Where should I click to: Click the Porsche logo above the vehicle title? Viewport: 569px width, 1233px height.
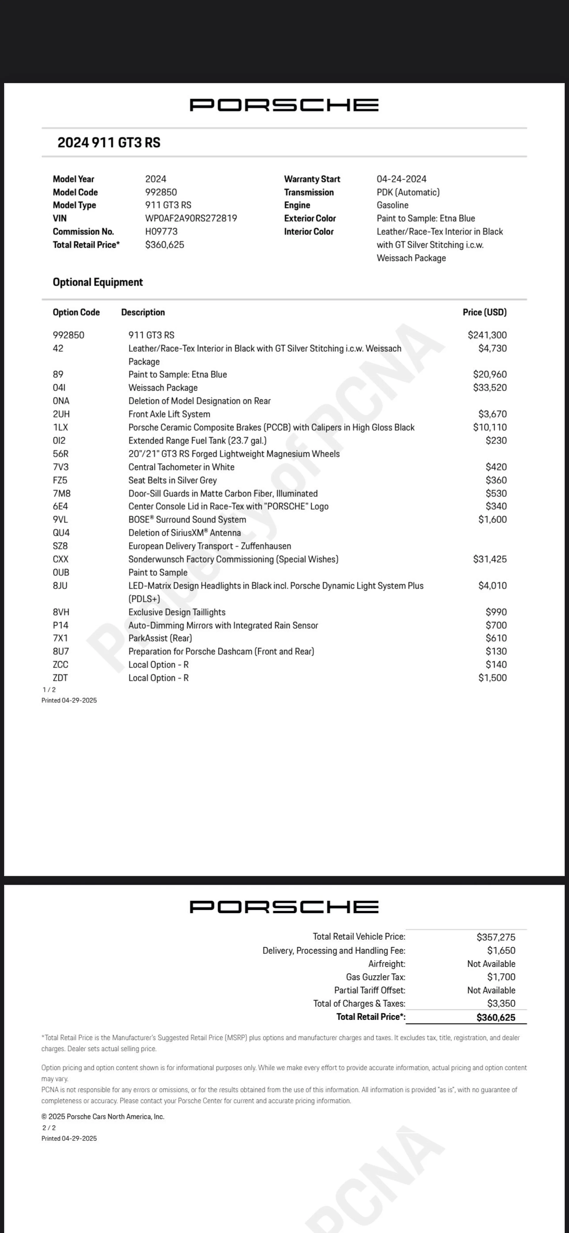[284, 105]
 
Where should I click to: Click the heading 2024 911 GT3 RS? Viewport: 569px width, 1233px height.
[109, 143]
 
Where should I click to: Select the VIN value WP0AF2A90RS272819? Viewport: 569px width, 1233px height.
[191, 218]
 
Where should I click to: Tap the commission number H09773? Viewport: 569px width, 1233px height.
[161, 232]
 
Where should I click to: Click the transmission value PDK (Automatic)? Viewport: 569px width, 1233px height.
[408, 192]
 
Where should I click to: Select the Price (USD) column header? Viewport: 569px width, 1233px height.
[484, 312]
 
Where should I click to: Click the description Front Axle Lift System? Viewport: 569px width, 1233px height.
[169, 414]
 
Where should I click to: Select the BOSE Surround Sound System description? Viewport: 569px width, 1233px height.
[187, 519]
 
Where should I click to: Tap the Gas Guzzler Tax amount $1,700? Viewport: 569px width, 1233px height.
[501, 977]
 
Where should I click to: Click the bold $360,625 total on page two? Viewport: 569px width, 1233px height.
[496, 1017]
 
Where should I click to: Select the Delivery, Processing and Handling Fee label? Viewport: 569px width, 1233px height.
[334, 951]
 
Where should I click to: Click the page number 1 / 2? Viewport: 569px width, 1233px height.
[49, 690]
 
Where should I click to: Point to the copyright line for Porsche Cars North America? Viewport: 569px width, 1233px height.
[103, 1117]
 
